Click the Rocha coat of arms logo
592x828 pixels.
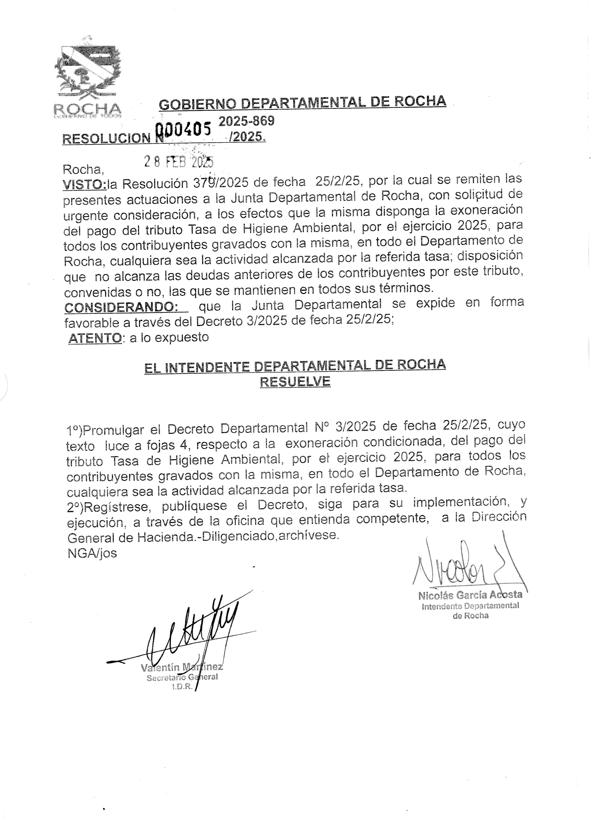[88, 78]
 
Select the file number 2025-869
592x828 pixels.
[246, 121]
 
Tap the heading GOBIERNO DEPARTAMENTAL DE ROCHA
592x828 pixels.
[302, 103]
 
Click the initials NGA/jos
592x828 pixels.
[92, 553]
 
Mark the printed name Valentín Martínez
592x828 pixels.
[181, 668]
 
